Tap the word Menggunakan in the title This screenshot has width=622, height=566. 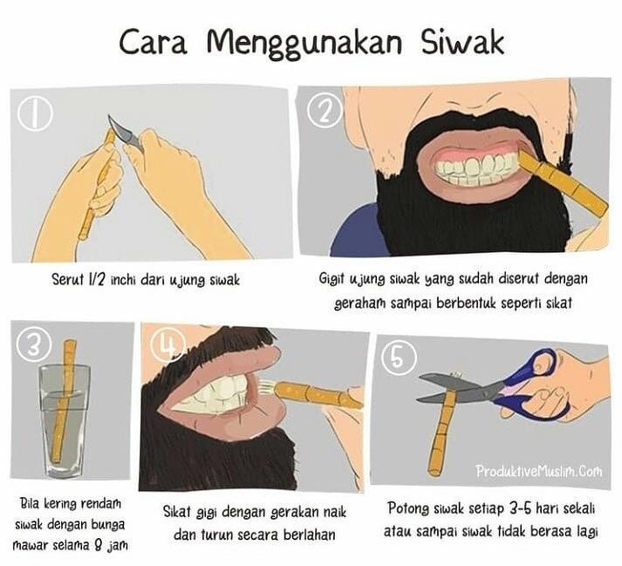pos(304,44)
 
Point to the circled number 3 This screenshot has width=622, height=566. pos(34,344)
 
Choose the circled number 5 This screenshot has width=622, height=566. pos(399,358)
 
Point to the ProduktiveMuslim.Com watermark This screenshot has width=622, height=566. pos(539,471)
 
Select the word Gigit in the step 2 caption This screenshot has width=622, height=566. pos(332,280)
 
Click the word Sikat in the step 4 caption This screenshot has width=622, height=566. pos(178,512)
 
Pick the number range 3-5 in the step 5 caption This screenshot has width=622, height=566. pos(516,508)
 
